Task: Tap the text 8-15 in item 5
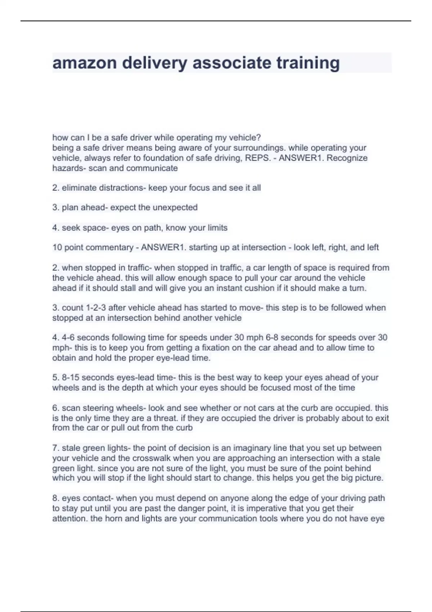(x=70, y=378)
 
